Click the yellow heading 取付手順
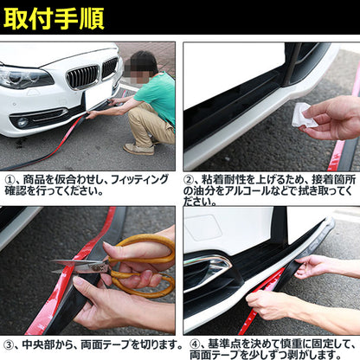54,19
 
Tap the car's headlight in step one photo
24,77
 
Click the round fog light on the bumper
22,123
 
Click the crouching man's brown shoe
138,149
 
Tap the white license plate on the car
99,94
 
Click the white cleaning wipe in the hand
305,115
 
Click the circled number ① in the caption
10,180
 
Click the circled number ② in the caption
190,180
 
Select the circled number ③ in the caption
9,344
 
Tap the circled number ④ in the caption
196,344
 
